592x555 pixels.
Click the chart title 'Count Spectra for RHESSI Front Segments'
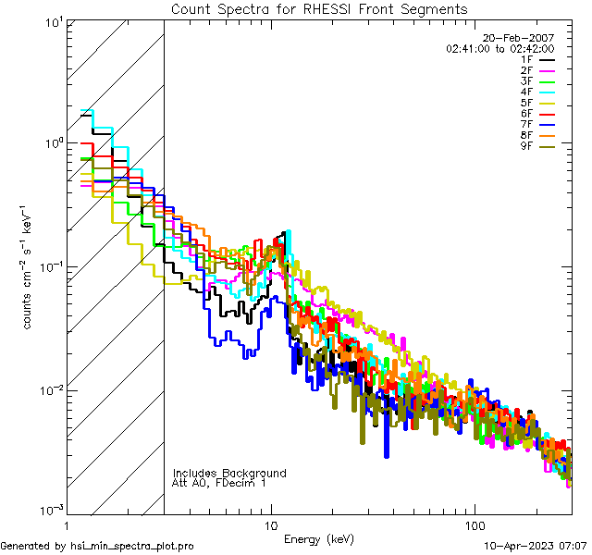coord(319,9)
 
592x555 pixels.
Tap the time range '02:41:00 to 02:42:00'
coord(499,48)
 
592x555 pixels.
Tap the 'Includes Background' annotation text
coord(229,474)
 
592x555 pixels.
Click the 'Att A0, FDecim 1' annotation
coord(219,484)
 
